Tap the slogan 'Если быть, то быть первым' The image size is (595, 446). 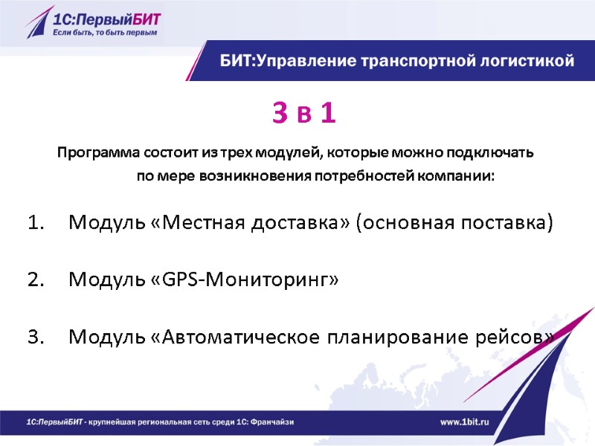[x=104, y=33]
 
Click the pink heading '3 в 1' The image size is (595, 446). [x=304, y=114]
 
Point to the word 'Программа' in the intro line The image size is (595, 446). [x=90, y=154]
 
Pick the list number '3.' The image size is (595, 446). [x=36, y=337]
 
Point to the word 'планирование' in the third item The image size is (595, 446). [x=390, y=337]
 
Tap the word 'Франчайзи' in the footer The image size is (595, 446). [x=269, y=421]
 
